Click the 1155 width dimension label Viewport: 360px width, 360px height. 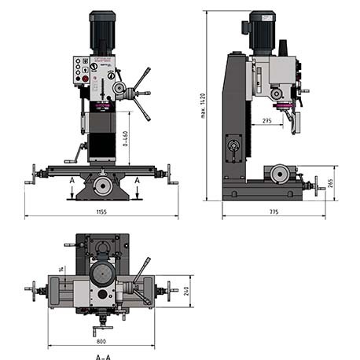pos(102,211)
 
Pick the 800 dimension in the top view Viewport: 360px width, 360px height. pos(102,342)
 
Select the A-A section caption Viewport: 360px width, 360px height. pos(102,356)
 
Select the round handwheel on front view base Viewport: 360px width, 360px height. pos(102,186)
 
